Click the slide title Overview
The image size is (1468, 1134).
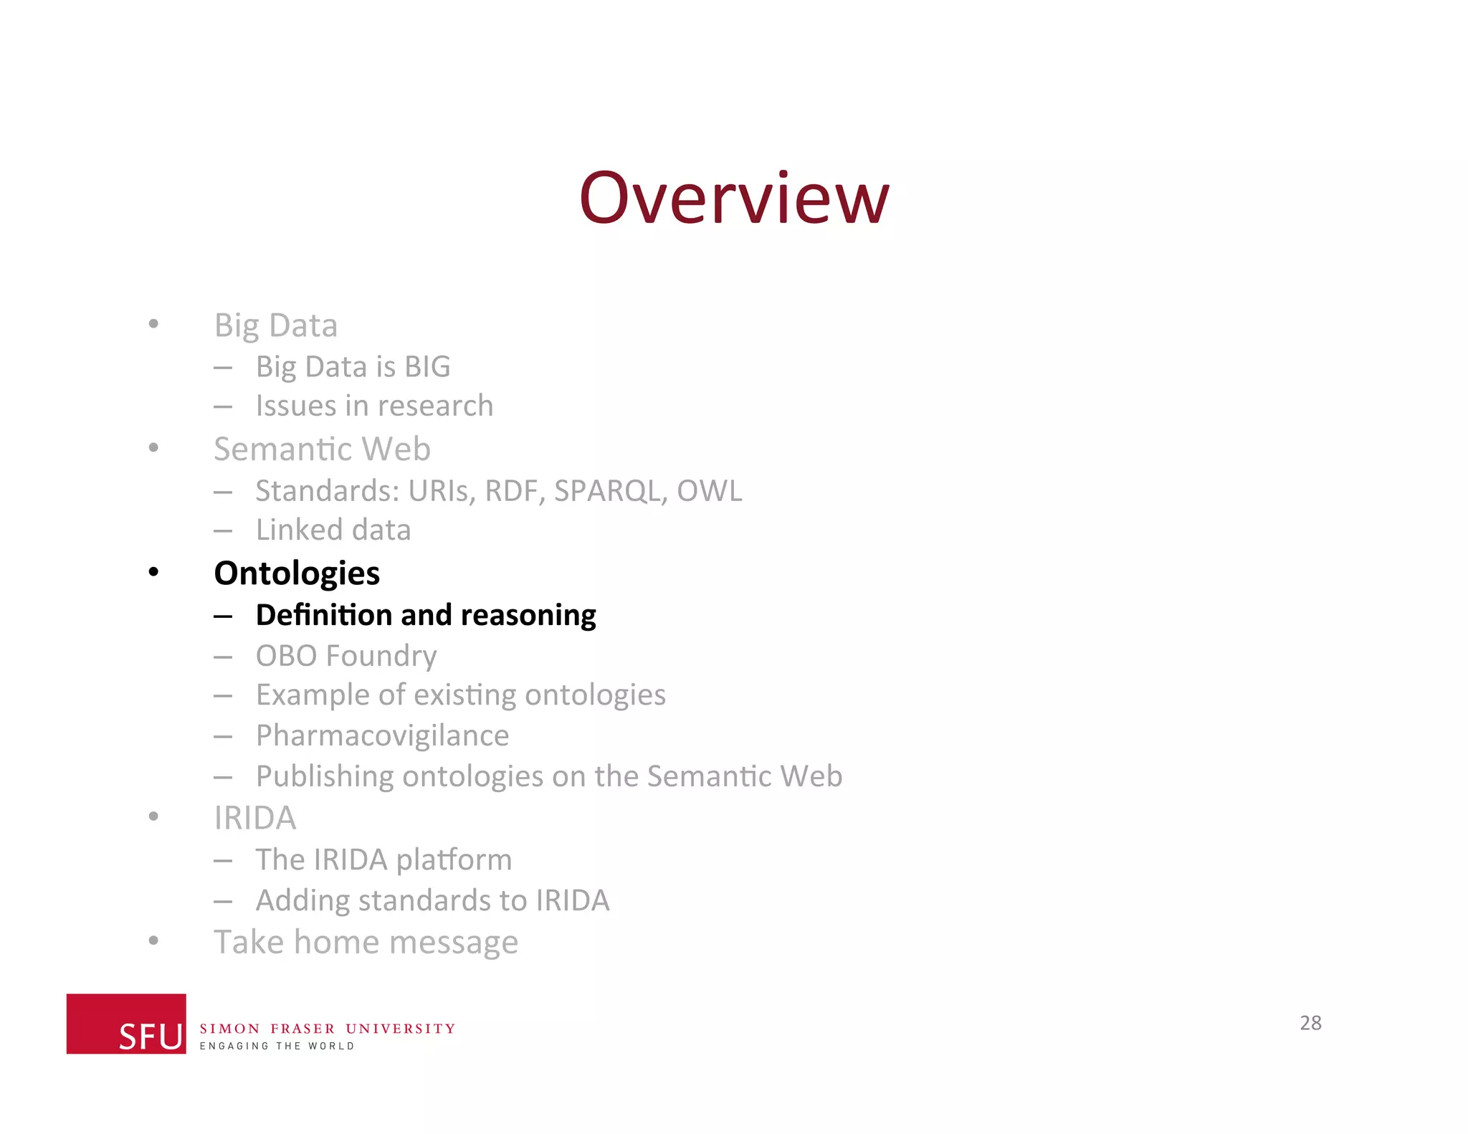pyautogui.click(x=734, y=199)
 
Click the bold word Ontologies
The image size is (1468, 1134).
pyautogui.click(x=297, y=573)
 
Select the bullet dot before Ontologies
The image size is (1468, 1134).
pyautogui.click(x=153, y=572)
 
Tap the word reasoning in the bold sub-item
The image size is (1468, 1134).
pyautogui.click(x=528, y=616)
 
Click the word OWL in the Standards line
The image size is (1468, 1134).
pyautogui.click(x=709, y=491)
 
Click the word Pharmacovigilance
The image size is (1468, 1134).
pyautogui.click(x=382, y=736)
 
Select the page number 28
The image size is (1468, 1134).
pyautogui.click(x=1310, y=1023)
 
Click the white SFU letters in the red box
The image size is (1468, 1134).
pyautogui.click(x=151, y=1037)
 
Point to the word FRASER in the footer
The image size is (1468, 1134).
pyautogui.click(x=302, y=1029)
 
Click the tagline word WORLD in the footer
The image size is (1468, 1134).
pyautogui.click(x=331, y=1046)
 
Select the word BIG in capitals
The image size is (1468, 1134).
pyautogui.click(x=427, y=367)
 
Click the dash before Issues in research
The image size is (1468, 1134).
pyautogui.click(x=223, y=407)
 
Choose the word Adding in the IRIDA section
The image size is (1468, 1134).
pyautogui.click(x=302, y=901)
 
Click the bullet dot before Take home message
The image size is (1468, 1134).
pyautogui.click(x=153, y=940)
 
